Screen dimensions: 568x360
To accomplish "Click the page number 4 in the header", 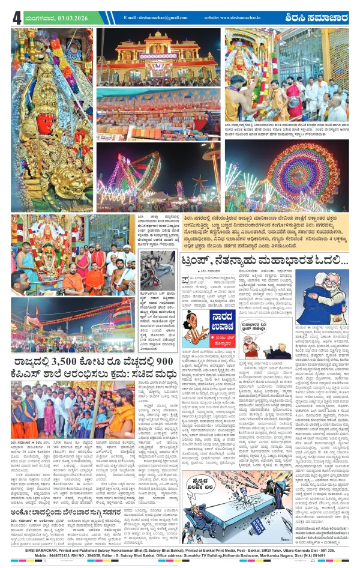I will tap(16, 17).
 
